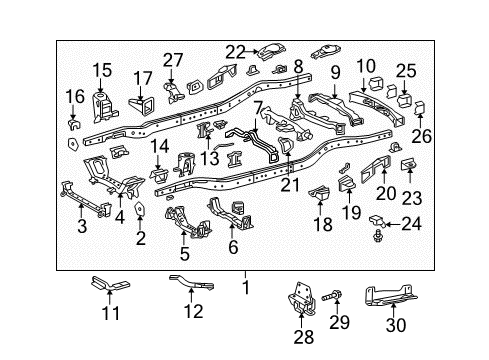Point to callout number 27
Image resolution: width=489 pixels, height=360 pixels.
click(x=174, y=59)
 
